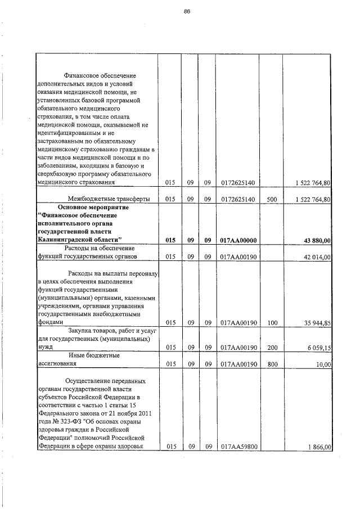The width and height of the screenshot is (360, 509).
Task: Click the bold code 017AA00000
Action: pos(238,240)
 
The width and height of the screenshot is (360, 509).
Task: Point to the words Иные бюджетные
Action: pos(94,355)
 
